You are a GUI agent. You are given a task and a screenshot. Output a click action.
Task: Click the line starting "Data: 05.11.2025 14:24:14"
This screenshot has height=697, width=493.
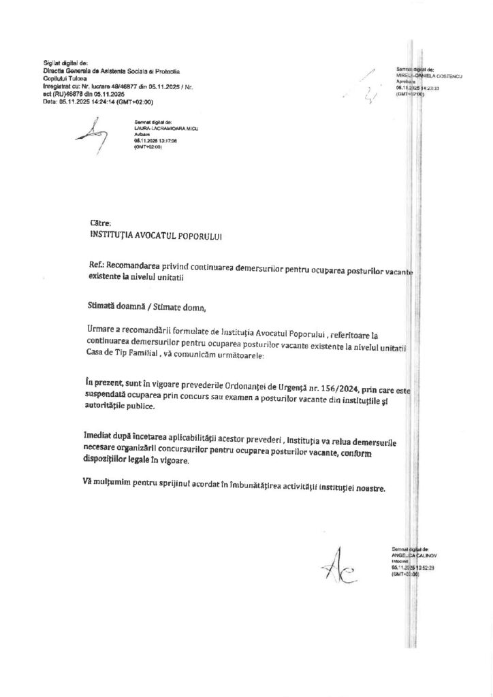(97, 101)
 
